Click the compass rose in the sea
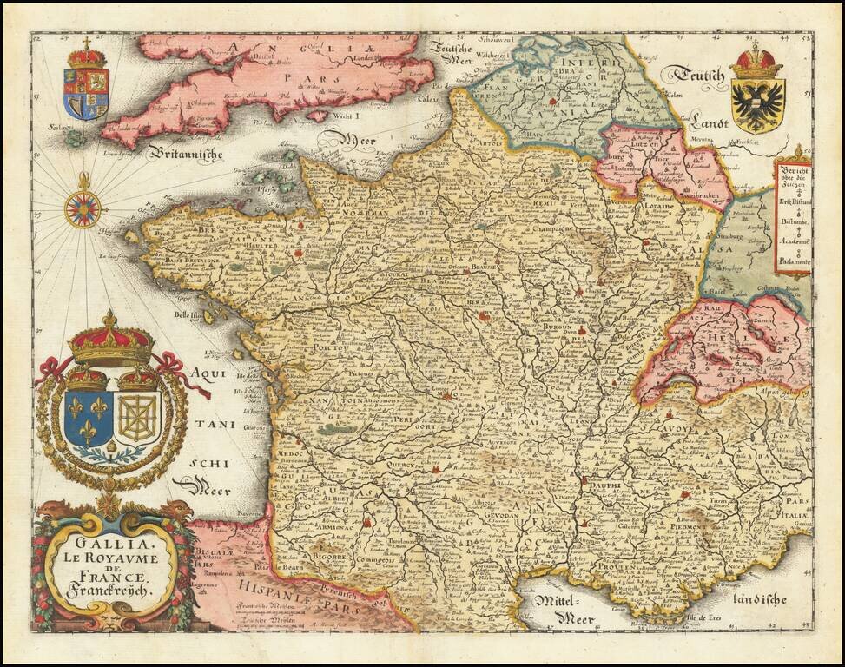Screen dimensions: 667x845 tap(83, 208)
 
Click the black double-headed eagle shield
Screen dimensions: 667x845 tap(757, 102)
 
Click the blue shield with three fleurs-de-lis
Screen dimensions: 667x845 tap(88, 419)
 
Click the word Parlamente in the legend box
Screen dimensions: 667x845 tap(794, 261)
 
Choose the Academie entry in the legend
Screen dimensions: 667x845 tap(794, 241)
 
